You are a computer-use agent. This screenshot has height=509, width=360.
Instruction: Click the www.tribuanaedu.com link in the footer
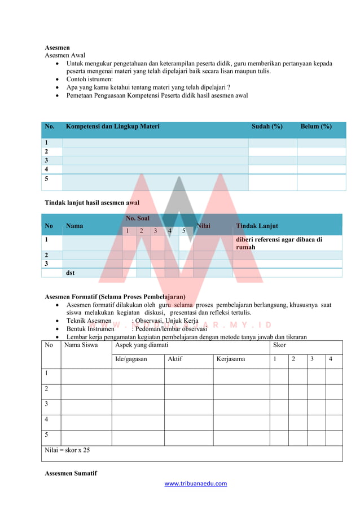[195, 483]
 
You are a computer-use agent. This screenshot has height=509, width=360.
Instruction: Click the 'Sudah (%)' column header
[267, 126]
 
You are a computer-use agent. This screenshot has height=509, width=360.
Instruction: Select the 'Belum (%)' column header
[316, 126]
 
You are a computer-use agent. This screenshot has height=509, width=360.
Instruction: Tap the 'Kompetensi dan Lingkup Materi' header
[112, 126]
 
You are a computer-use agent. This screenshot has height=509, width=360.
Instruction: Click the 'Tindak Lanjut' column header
[257, 226]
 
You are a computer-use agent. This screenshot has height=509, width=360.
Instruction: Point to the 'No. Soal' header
[138, 218]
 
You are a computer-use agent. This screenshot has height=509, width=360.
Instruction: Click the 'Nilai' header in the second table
[203, 226]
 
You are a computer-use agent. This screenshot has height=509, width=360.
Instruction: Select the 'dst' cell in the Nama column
[70, 273]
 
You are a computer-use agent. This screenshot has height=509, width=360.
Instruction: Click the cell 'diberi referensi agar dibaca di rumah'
[279, 243]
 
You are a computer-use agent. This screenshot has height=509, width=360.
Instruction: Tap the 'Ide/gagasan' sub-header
[131, 359]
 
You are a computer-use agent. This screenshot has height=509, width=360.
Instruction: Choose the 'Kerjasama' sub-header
[231, 359]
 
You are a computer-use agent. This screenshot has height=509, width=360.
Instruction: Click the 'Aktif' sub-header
[174, 359]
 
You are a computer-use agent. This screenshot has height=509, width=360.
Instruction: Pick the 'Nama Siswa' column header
[81, 344]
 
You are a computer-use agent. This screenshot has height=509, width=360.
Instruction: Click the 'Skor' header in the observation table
[279, 344]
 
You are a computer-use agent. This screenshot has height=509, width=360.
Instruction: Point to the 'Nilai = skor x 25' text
[67, 450]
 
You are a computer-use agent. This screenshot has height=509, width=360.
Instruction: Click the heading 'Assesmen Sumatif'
[71, 473]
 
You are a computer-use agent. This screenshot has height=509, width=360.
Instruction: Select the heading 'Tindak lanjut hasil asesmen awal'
[92, 203]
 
